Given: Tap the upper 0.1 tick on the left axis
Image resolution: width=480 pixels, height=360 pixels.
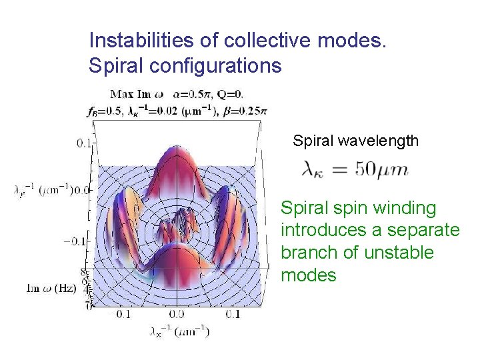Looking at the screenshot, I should point(84,143).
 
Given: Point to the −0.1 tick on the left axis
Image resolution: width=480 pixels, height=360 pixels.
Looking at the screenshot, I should point(77,241).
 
